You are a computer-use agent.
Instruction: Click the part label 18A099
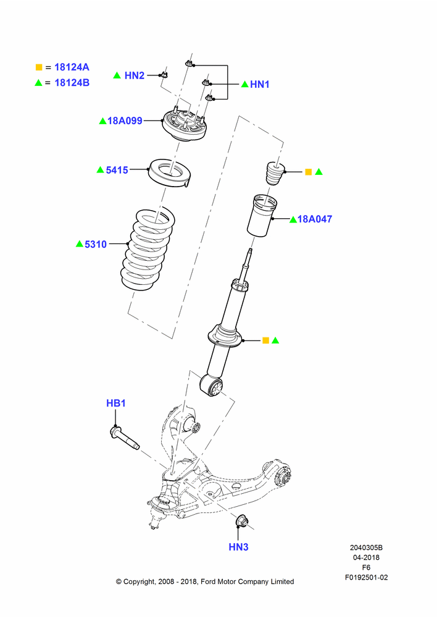point(125,121)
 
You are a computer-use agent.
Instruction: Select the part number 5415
point(117,170)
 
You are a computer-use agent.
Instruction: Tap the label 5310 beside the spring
point(96,244)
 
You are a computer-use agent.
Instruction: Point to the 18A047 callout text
point(315,219)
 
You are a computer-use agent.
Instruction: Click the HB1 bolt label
point(116,403)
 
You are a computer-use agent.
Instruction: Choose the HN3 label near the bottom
point(239,547)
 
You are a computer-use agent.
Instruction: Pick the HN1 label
point(260,84)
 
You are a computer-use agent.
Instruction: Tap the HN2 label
point(135,75)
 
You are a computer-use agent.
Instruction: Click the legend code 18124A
point(72,67)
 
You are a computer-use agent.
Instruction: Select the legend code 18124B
point(72,83)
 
